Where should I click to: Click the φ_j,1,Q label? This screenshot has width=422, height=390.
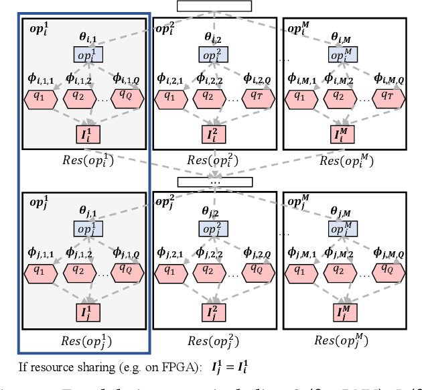[x=127, y=254]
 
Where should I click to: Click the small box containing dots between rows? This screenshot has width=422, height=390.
[x=215, y=182]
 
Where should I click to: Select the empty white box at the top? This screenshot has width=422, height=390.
[x=214, y=6]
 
